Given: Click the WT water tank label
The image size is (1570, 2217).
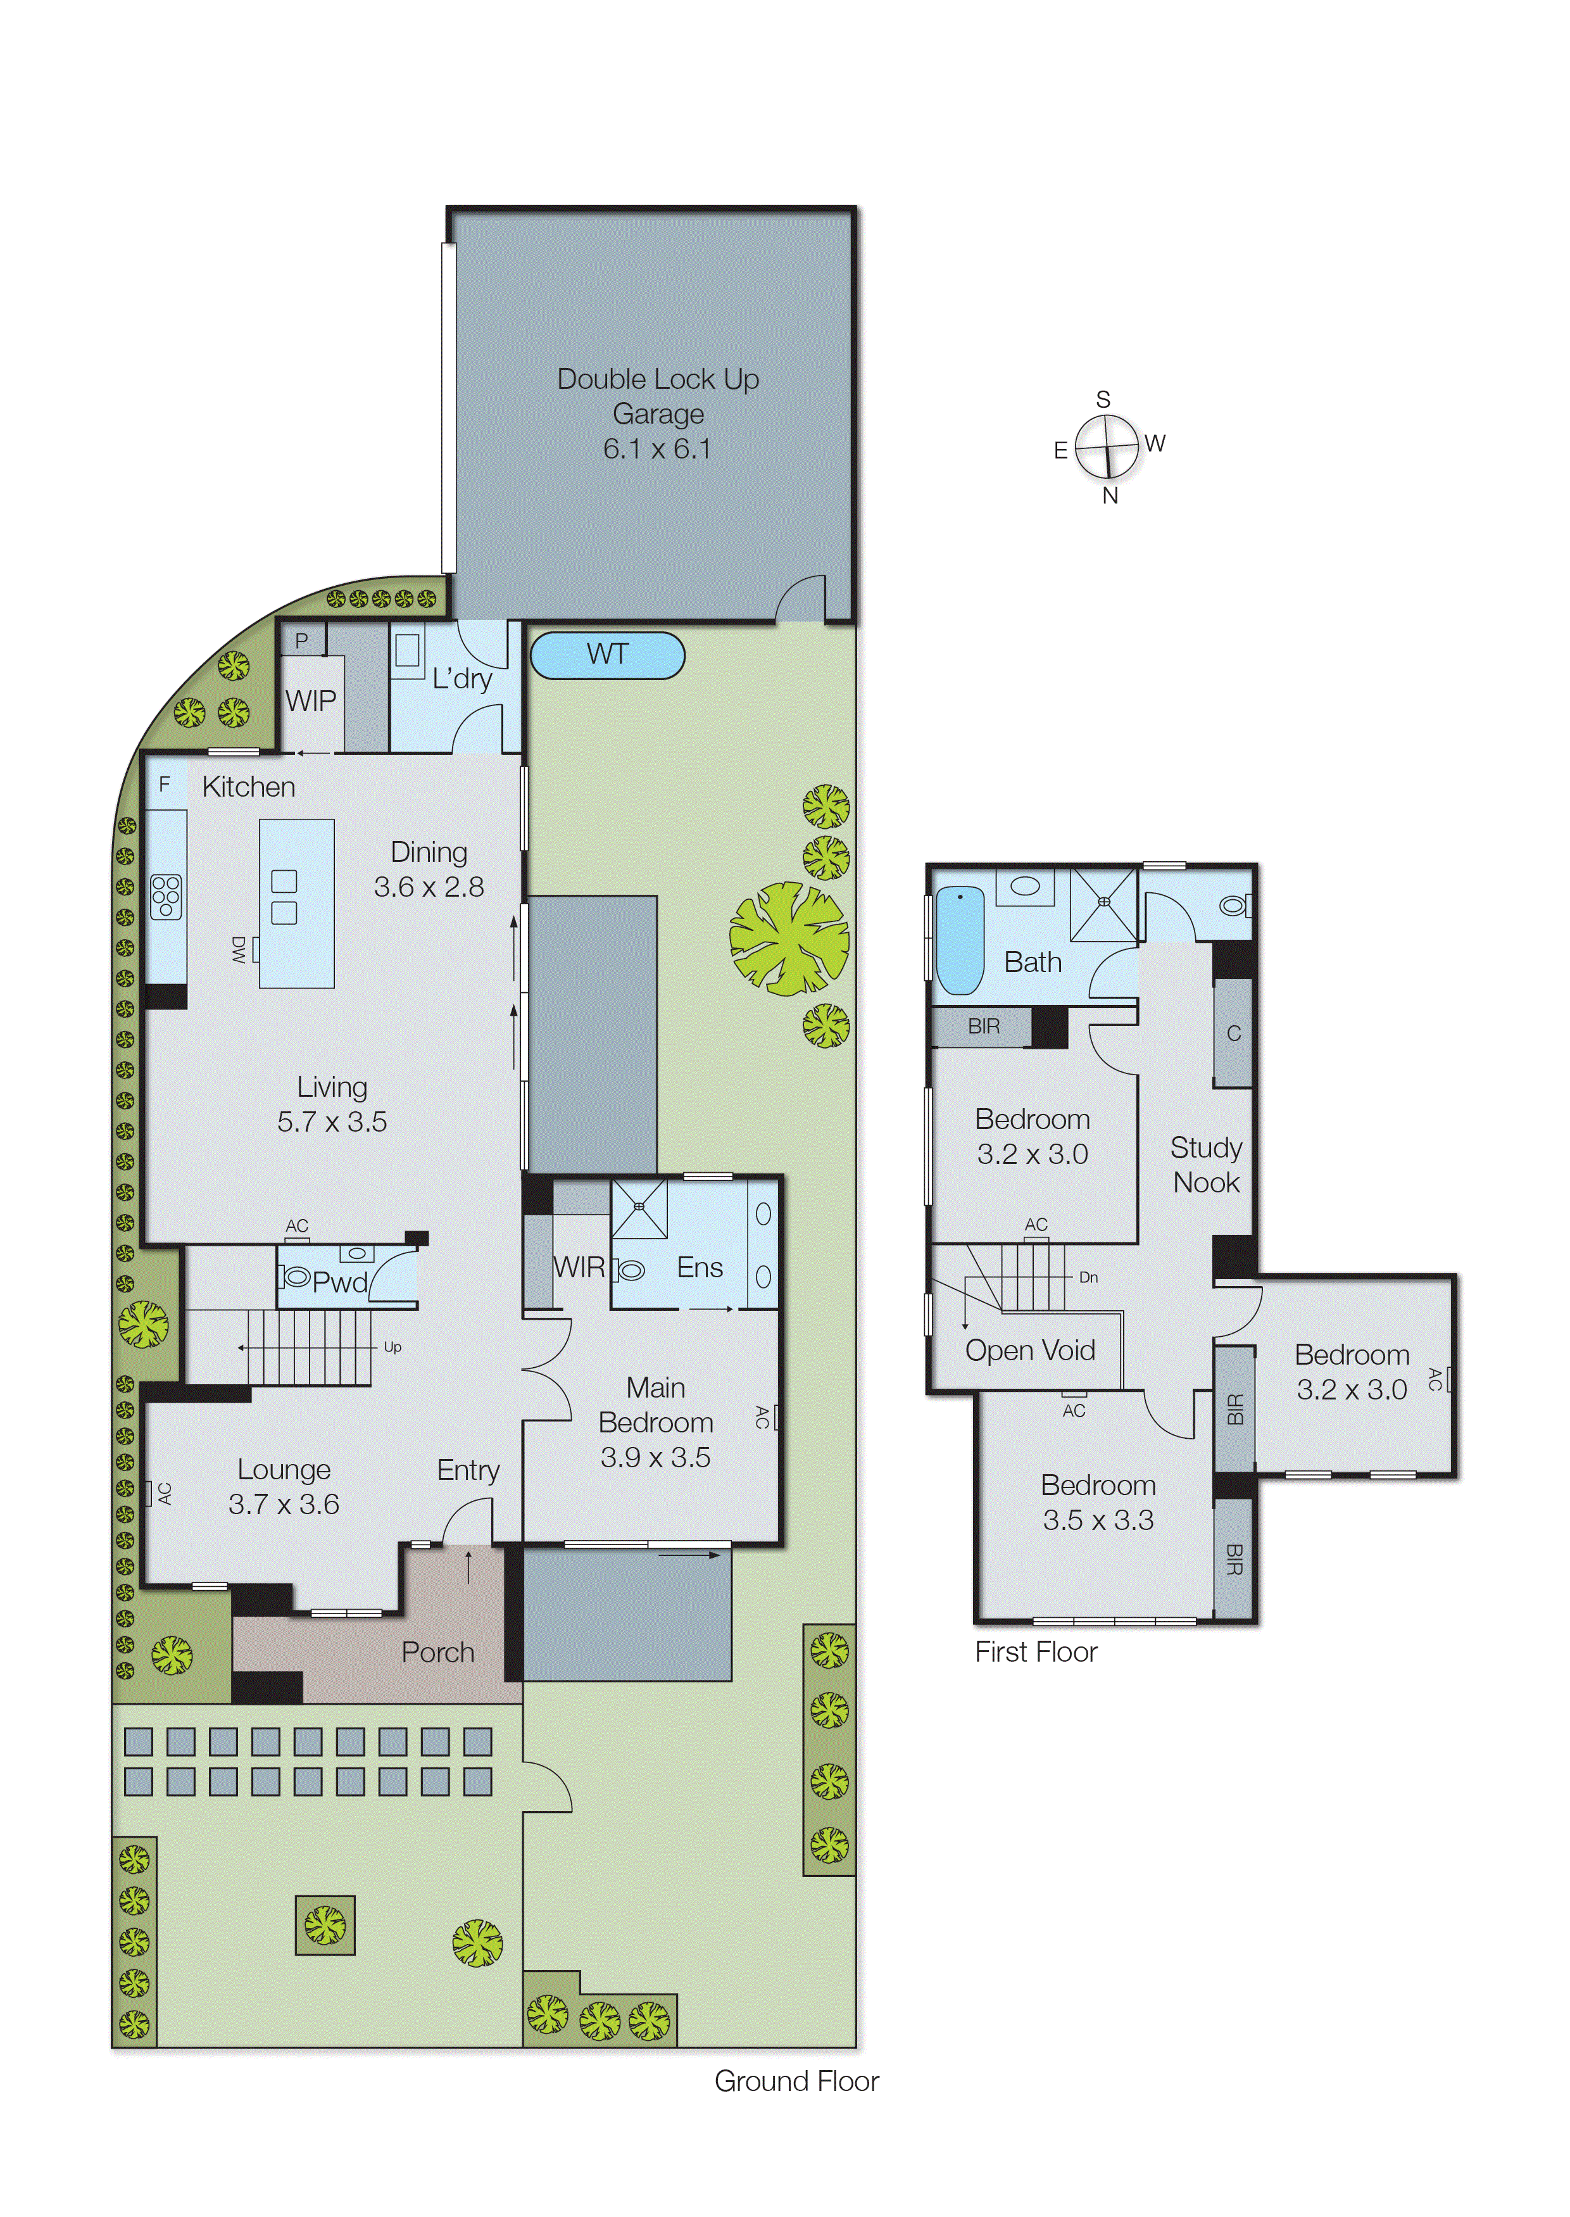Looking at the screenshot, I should click(607, 655).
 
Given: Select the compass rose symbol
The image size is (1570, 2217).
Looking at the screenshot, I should click(1107, 446).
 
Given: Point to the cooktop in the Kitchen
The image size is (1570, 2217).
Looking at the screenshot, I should click(166, 896).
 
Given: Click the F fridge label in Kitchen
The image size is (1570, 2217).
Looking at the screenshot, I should click(165, 784).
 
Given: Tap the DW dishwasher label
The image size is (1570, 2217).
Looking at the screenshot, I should click(239, 949).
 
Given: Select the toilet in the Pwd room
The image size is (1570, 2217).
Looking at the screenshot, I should click(296, 1276).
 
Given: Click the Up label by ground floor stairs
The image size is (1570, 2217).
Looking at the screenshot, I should click(392, 1347).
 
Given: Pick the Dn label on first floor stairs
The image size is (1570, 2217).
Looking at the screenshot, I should click(1089, 1277).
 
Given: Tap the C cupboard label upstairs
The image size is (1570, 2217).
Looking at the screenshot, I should click(1234, 1033).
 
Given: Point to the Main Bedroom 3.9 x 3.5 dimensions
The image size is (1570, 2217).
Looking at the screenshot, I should click(655, 1457).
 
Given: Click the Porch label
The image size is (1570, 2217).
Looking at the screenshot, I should click(438, 1652).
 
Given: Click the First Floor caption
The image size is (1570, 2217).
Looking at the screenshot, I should click(1036, 1652).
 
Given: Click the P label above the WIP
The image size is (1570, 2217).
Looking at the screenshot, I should click(301, 640).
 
